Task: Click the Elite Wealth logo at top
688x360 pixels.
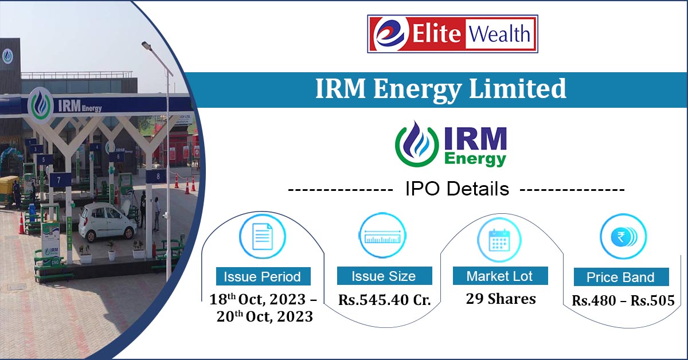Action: pyautogui.click(x=452, y=34)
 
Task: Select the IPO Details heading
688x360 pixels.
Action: pyautogui.click(x=456, y=189)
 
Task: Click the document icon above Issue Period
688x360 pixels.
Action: pyautogui.click(x=262, y=236)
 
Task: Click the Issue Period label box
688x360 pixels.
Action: pyautogui.click(x=263, y=277)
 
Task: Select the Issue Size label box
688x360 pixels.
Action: pyautogui.click(x=384, y=276)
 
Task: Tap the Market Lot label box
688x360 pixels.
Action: pyautogui.click(x=500, y=276)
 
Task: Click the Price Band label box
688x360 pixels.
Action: pyautogui.click(x=620, y=278)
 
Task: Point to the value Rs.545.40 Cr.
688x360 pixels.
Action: pyautogui.click(x=384, y=300)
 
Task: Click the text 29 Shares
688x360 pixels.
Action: pyautogui.click(x=501, y=299)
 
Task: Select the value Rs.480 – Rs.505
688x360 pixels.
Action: pyautogui.click(x=623, y=300)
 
